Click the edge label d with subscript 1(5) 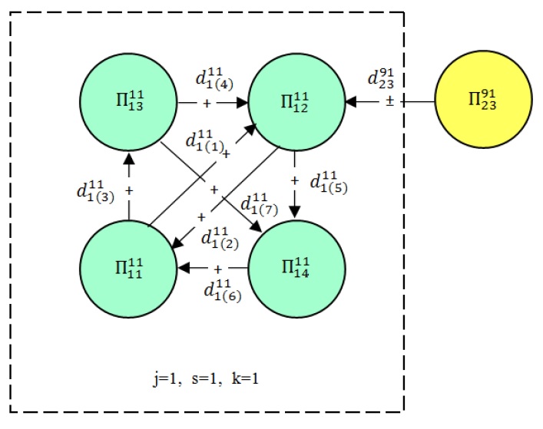(x=329, y=184)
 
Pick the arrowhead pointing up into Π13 (x=129, y=157)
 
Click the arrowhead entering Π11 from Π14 (x=184, y=269)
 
